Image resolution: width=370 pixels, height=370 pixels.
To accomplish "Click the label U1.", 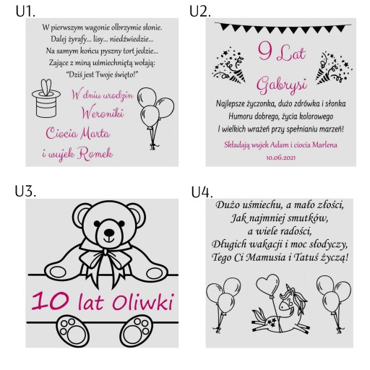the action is (x=25, y=12).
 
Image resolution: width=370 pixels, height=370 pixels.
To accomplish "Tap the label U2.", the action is (x=200, y=12).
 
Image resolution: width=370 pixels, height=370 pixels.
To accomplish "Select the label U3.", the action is (x=25, y=192).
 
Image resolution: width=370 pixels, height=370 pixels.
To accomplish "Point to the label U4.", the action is (x=202, y=192).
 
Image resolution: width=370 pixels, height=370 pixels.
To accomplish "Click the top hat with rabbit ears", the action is (x=46, y=98).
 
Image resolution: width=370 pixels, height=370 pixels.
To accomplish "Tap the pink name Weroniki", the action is (x=103, y=113).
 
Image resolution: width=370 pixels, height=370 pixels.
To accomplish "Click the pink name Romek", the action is (x=95, y=153).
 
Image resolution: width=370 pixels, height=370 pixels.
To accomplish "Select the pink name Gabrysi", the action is (x=282, y=85).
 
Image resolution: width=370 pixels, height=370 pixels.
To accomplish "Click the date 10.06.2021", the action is (x=280, y=158).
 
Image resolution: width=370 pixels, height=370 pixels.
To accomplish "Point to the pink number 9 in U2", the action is (x=265, y=51).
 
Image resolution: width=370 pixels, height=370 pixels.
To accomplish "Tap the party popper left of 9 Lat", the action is (x=229, y=66).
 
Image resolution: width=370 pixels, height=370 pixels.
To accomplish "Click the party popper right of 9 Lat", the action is (x=334, y=67).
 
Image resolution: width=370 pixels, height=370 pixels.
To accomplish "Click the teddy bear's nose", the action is (x=109, y=233).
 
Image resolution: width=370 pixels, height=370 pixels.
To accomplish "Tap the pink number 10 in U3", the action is (x=51, y=301).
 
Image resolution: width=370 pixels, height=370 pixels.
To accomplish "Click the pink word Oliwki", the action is (x=143, y=301).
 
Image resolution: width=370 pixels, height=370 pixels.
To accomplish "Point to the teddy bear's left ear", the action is (x=82, y=215).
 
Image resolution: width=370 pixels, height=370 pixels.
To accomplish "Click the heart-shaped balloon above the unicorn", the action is (x=268, y=285).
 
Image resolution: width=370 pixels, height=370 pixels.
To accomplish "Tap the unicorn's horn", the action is (x=288, y=288).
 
